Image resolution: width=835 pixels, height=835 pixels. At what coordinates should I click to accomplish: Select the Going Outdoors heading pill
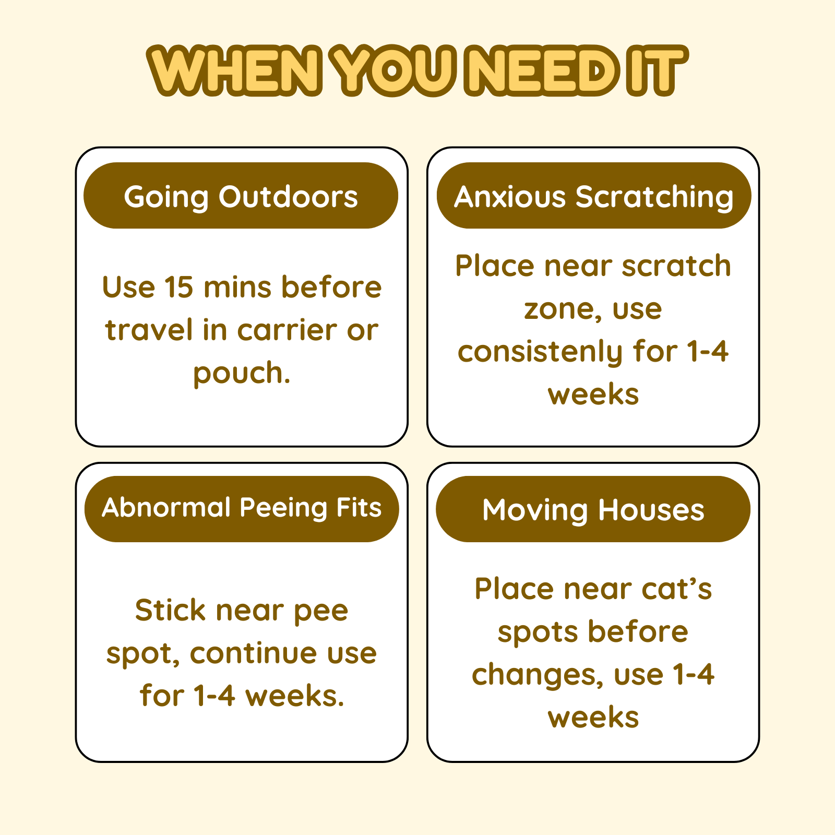241,196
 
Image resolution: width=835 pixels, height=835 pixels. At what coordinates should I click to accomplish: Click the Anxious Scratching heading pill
594,196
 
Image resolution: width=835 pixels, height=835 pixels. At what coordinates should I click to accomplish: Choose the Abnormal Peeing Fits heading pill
242,509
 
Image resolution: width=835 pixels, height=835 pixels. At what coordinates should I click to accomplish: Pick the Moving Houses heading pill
593,509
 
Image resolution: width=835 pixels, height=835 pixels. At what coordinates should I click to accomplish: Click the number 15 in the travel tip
178,287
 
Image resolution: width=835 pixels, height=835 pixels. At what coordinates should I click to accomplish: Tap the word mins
237,287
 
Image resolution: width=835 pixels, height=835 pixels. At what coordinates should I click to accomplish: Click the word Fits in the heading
359,507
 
